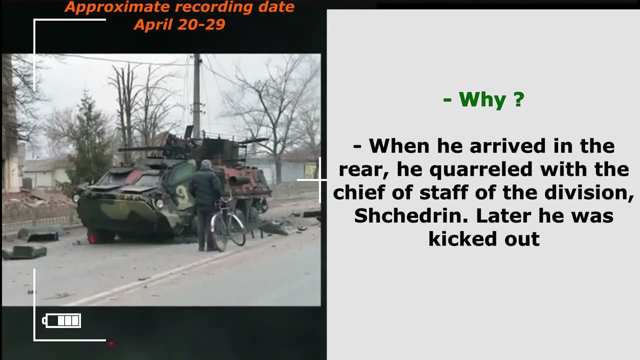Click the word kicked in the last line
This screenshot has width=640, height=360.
click(461, 239)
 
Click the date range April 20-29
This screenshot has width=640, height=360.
click(179, 24)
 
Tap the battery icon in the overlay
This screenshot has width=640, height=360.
click(62, 320)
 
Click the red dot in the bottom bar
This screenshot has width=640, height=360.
click(111, 343)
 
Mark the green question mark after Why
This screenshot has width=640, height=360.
click(518, 99)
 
